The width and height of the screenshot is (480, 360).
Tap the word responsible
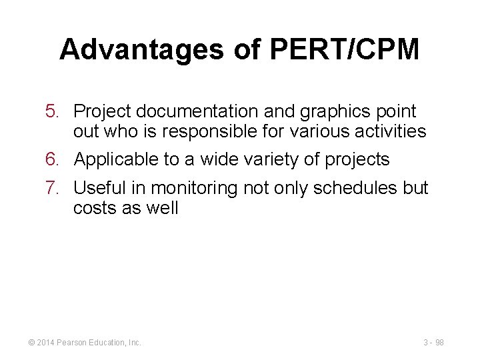(211, 131)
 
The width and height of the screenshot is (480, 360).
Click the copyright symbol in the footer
(31, 343)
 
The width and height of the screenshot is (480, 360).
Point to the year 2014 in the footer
(45, 343)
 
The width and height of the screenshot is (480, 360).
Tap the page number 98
(440, 343)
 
